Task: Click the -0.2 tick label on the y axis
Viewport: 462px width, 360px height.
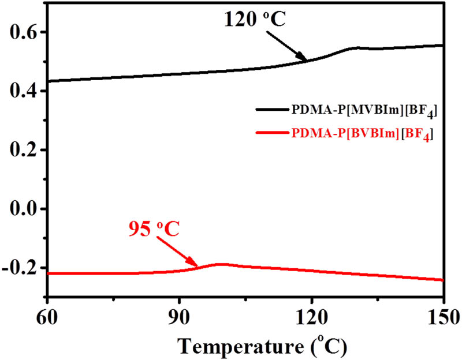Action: [x=17, y=268]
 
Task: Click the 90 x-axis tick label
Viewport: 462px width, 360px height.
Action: [x=180, y=315]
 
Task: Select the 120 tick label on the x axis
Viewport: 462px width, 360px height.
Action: [x=311, y=315]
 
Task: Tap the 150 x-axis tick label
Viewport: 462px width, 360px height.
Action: [x=442, y=315]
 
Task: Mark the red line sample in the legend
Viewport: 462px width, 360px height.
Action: [x=272, y=134]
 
